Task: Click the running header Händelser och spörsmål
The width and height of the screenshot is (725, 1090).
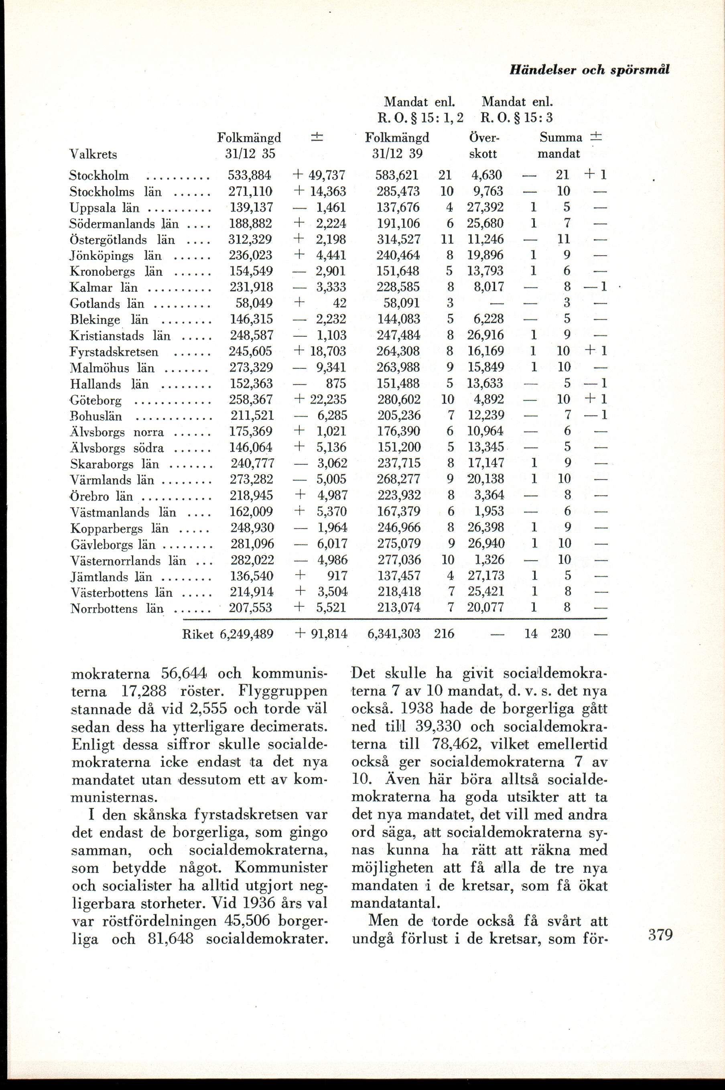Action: point(589,70)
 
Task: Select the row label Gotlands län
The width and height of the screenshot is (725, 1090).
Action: point(107,304)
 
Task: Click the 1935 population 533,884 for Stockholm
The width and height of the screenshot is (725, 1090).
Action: point(250,175)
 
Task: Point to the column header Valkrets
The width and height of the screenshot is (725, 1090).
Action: point(93,154)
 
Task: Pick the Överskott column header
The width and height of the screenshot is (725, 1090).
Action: point(482,145)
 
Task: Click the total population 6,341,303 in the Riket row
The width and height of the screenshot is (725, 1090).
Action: point(394,633)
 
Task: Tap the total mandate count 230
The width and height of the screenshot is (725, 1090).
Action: point(561,633)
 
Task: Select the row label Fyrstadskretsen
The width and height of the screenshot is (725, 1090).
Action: point(114,352)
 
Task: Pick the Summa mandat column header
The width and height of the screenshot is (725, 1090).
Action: point(560,145)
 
